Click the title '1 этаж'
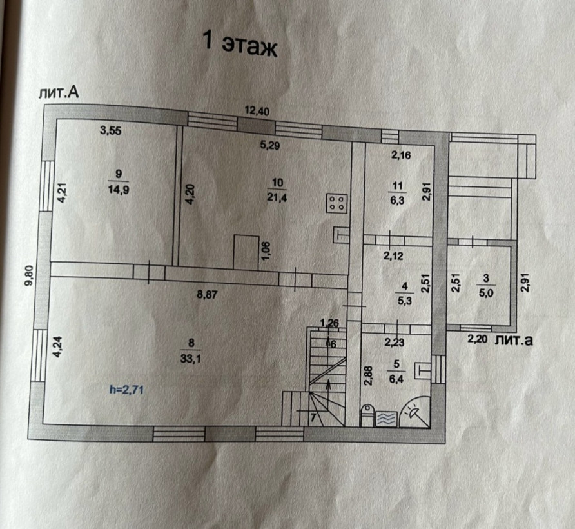(x=240, y=45)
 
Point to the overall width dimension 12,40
(x=256, y=111)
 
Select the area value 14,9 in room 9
(x=117, y=189)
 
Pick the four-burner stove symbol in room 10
(x=336, y=205)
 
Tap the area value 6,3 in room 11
(x=395, y=200)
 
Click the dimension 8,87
(x=208, y=295)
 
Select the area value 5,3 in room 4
(x=403, y=299)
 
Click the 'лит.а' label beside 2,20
(x=514, y=340)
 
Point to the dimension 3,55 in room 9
(x=111, y=130)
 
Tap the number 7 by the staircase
(x=313, y=417)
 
